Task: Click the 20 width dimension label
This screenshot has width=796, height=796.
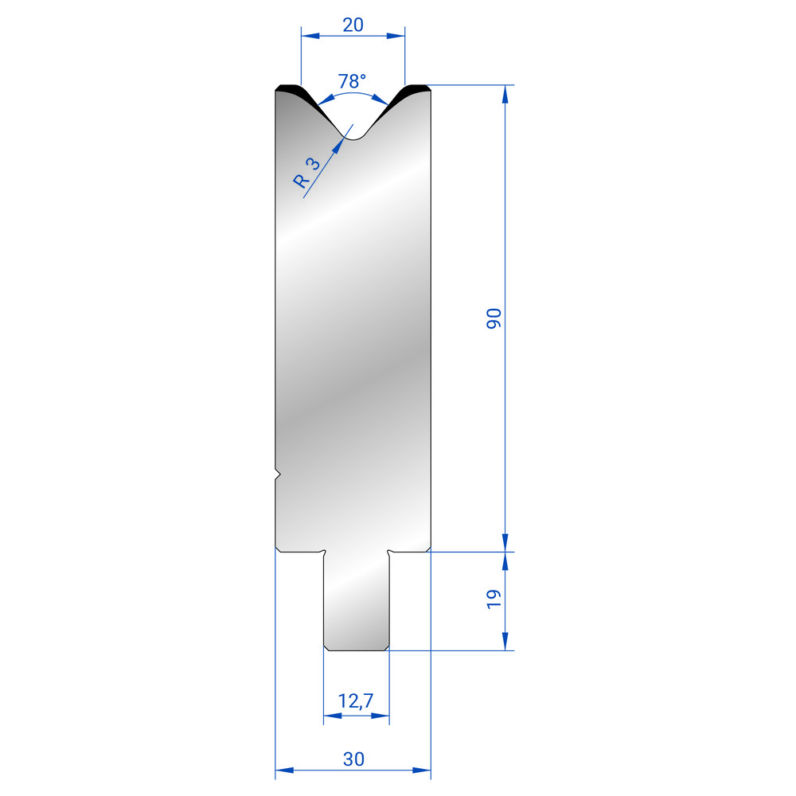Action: (x=353, y=25)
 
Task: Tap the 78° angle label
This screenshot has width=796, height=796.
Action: (x=352, y=80)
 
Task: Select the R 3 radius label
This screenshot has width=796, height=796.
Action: (x=306, y=173)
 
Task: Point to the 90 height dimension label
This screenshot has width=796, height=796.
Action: (x=494, y=318)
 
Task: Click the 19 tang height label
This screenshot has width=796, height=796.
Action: (x=494, y=599)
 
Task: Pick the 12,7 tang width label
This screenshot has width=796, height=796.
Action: (x=356, y=701)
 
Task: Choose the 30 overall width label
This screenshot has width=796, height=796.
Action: (x=353, y=759)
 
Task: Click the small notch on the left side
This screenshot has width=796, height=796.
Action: (x=278, y=474)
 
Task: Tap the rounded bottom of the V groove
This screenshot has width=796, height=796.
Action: (x=355, y=137)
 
